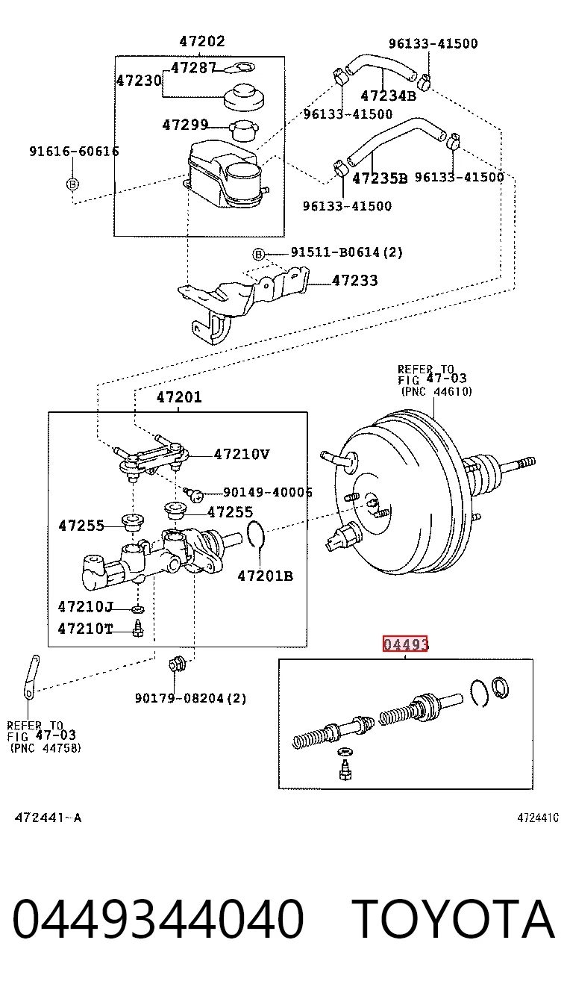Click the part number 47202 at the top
(202, 41)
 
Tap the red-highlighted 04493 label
(405, 644)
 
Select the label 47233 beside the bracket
(355, 281)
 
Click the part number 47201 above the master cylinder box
(179, 397)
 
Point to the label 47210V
(242, 455)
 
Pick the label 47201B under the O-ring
(266, 576)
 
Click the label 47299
(185, 125)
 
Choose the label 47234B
(389, 96)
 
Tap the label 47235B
(380, 178)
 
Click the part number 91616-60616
(74, 152)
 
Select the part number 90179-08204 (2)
(191, 699)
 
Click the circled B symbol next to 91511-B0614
(259, 255)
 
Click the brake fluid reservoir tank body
(225, 174)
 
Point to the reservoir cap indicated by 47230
(243, 97)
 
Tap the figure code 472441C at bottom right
(538, 818)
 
